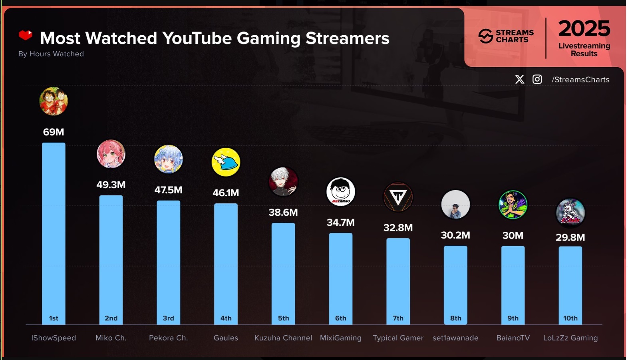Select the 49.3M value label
[x=111, y=185]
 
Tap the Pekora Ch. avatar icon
[x=169, y=159]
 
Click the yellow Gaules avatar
[x=226, y=162]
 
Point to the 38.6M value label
[x=283, y=212]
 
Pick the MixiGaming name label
[x=341, y=338]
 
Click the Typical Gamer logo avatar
[x=398, y=197]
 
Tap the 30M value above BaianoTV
[x=513, y=235]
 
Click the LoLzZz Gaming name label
[x=570, y=338]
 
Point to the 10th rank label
[x=570, y=318]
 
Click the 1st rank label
[x=54, y=318]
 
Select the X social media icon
[x=520, y=79]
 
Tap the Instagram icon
[x=537, y=79]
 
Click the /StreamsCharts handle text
[x=580, y=80]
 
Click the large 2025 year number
[x=584, y=29]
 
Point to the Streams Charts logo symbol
[x=486, y=36]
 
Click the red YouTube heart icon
[x=26, y=36]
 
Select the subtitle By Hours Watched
[x=51, y=54]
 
